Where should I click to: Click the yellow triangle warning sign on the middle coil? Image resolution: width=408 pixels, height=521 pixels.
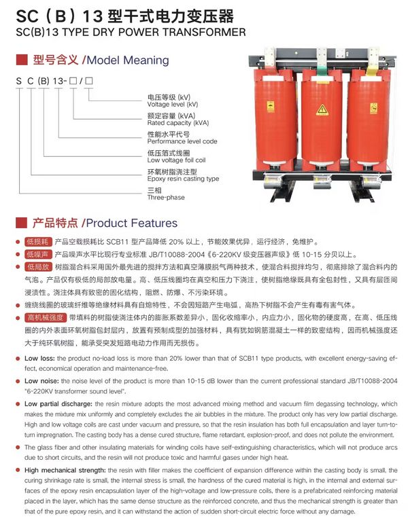click(322, 109)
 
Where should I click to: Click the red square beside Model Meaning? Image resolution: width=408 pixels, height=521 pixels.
click(22, 60)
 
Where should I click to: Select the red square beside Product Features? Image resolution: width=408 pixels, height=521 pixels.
click(21, 223)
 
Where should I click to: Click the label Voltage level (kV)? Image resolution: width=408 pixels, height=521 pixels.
click(173, 105)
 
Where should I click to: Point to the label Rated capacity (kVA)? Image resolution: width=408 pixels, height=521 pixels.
click(178, 123)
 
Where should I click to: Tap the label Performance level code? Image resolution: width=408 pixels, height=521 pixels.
click(182, 141)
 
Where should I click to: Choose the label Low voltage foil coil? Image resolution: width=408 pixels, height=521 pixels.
click(176, 160)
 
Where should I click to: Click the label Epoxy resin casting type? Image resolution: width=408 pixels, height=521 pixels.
click(183, 179)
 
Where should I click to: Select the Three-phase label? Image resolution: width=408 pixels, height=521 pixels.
click(166, 198)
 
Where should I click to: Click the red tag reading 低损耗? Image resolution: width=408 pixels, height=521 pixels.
click(38, 242)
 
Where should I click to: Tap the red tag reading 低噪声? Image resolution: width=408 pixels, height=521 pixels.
click(38, 254)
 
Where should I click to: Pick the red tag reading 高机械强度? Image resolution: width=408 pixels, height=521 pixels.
click(46, 318)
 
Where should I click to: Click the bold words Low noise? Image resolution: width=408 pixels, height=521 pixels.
click(41, 381)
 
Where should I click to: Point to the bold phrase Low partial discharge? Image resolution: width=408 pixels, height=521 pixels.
click(58, 404)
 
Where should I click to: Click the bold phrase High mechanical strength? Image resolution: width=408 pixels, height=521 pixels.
click(65, 470)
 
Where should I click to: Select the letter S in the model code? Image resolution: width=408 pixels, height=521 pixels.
click(19, 81)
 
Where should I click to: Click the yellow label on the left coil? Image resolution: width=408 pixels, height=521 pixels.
click(271, 107)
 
